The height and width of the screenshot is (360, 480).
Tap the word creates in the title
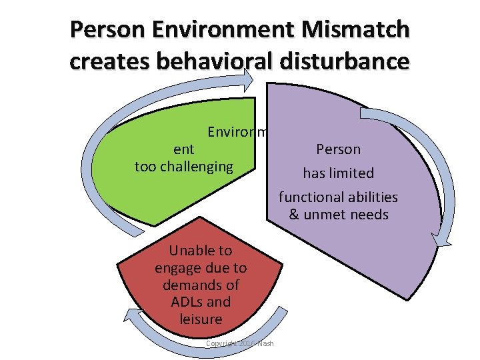click(x=107, y=61)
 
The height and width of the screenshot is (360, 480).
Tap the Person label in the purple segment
click(x=338, y=149)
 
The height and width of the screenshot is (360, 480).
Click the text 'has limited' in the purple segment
click(x=338, y=173)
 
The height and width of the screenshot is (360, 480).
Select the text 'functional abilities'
click(x=338, y=197)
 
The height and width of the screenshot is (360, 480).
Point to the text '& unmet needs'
click(x=338, y=215)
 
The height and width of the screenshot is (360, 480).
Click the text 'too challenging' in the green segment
click(x=184, y=167)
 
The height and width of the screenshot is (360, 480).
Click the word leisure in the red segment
click(x=201, y=319)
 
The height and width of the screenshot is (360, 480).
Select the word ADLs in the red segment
click(x=181, y=302)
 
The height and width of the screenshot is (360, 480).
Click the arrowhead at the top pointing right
click(x=249, y=79)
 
